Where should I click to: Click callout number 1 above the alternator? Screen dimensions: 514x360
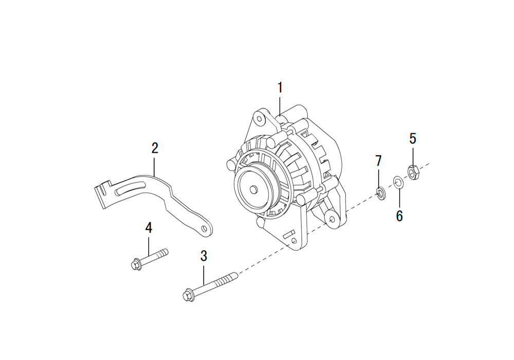coord(280,88)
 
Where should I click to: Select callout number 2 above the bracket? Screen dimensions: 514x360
coord(155,148)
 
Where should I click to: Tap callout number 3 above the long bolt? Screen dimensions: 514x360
coord(204,256)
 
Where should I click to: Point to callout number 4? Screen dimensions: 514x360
coord(149,227)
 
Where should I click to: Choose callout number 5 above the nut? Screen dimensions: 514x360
coord(413,139)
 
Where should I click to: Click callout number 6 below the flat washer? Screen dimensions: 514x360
coord(399,216)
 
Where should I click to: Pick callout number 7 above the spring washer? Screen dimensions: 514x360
coord(379,161)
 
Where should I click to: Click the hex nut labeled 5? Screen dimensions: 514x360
coord(412,172)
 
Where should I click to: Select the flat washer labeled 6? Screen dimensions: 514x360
coord(398,182)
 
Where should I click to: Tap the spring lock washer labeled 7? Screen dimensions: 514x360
coord(380,193)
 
